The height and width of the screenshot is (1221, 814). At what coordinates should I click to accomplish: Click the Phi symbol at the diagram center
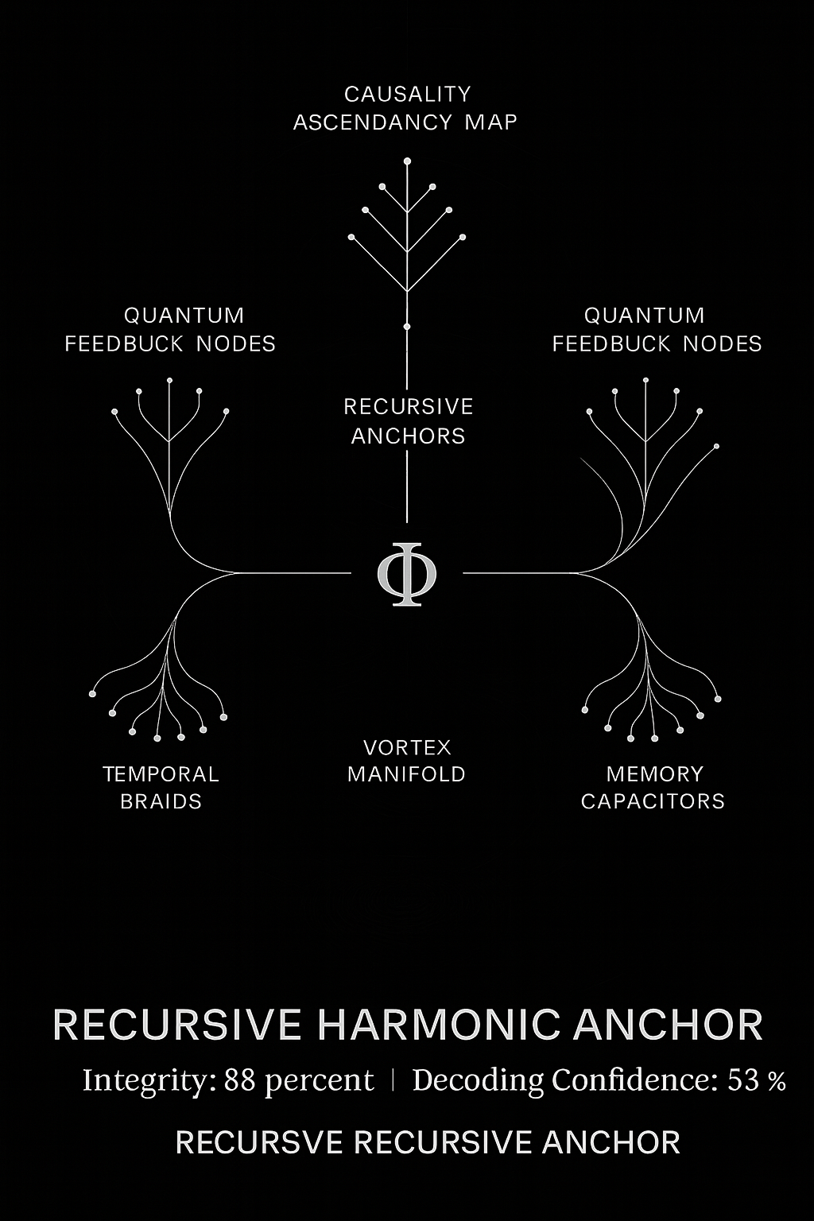pos(407,574)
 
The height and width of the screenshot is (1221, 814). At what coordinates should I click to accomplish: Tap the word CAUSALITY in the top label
pos(407,95)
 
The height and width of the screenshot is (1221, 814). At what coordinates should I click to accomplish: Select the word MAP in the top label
pos(490,122)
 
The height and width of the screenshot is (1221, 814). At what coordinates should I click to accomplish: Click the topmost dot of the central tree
pos(407,161)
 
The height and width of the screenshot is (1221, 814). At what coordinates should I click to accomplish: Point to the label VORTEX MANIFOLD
pos(407,761)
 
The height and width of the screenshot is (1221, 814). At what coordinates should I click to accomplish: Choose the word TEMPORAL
pos(161,774)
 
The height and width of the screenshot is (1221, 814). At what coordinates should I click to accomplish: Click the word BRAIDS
pos(161,801)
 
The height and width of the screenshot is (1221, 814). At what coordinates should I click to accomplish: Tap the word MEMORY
pos(655,774)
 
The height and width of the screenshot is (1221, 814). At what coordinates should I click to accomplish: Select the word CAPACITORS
pos(653,801)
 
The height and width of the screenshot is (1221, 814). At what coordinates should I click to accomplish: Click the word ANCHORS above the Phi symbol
pos(408,436)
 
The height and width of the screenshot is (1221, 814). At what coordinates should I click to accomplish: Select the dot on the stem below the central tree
pos(407,327)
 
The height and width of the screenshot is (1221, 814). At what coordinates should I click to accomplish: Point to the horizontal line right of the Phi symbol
pos(520,573)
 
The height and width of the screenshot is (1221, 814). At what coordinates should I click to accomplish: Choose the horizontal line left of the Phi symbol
pos(293,573)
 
